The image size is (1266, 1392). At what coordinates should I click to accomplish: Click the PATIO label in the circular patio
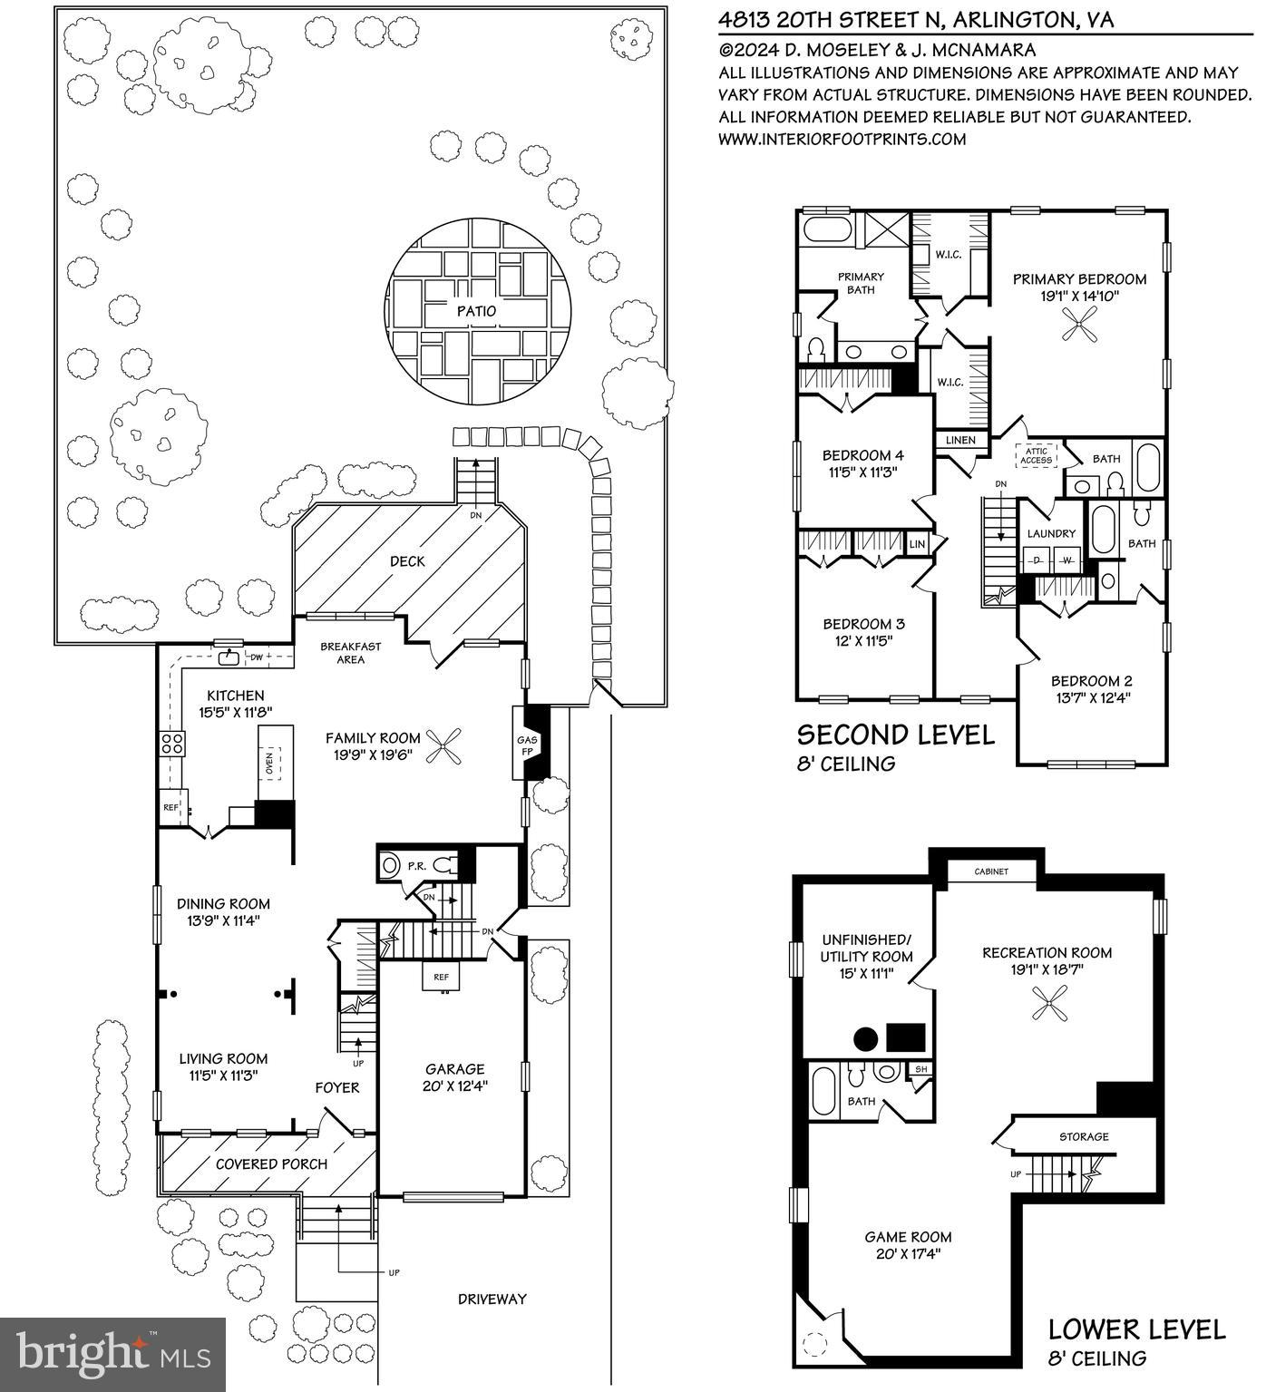tap(477, 311)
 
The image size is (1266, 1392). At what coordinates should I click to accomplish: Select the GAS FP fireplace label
tap(528, 745)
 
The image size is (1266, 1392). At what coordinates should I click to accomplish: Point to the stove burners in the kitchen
tap(172, 744)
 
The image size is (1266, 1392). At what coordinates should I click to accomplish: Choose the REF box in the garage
tap(441, 977)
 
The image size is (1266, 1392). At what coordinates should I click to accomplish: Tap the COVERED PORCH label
tap(271, 1163)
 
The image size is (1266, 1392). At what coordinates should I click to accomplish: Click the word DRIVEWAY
tap(492, 1299)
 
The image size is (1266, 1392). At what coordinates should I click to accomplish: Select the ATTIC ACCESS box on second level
tap(1037, 455)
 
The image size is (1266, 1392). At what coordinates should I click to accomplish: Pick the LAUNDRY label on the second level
tap(1051, 533)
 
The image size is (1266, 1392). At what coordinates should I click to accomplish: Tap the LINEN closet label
tap(960, 440)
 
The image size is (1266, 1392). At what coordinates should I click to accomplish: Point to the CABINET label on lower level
tap(991, 871)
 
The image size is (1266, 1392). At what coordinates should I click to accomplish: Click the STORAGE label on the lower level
tap(1084, 1136)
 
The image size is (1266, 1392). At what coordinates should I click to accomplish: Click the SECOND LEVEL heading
tap(895, 735)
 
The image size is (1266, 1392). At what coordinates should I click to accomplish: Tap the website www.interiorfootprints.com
tap(842, 139)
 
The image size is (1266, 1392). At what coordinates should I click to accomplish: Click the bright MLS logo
tap(113, 1354)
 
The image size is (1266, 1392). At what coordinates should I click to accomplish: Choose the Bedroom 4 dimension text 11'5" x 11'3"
tap(862, 472)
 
